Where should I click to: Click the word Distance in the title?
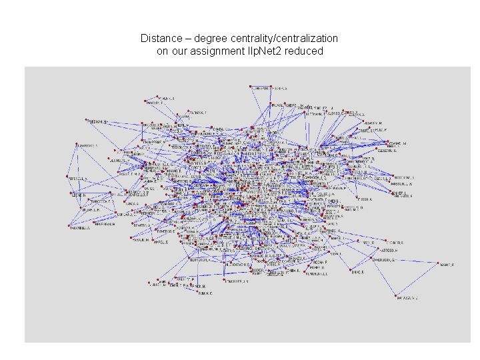[x=159, y=39]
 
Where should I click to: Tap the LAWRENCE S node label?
[x=87, y=145]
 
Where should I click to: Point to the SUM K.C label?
[x=204, y=293]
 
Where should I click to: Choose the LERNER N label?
[x=79, y=195]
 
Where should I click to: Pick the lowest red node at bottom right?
[x=395, y=296]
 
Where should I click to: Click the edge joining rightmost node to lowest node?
[x=417, y=281]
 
